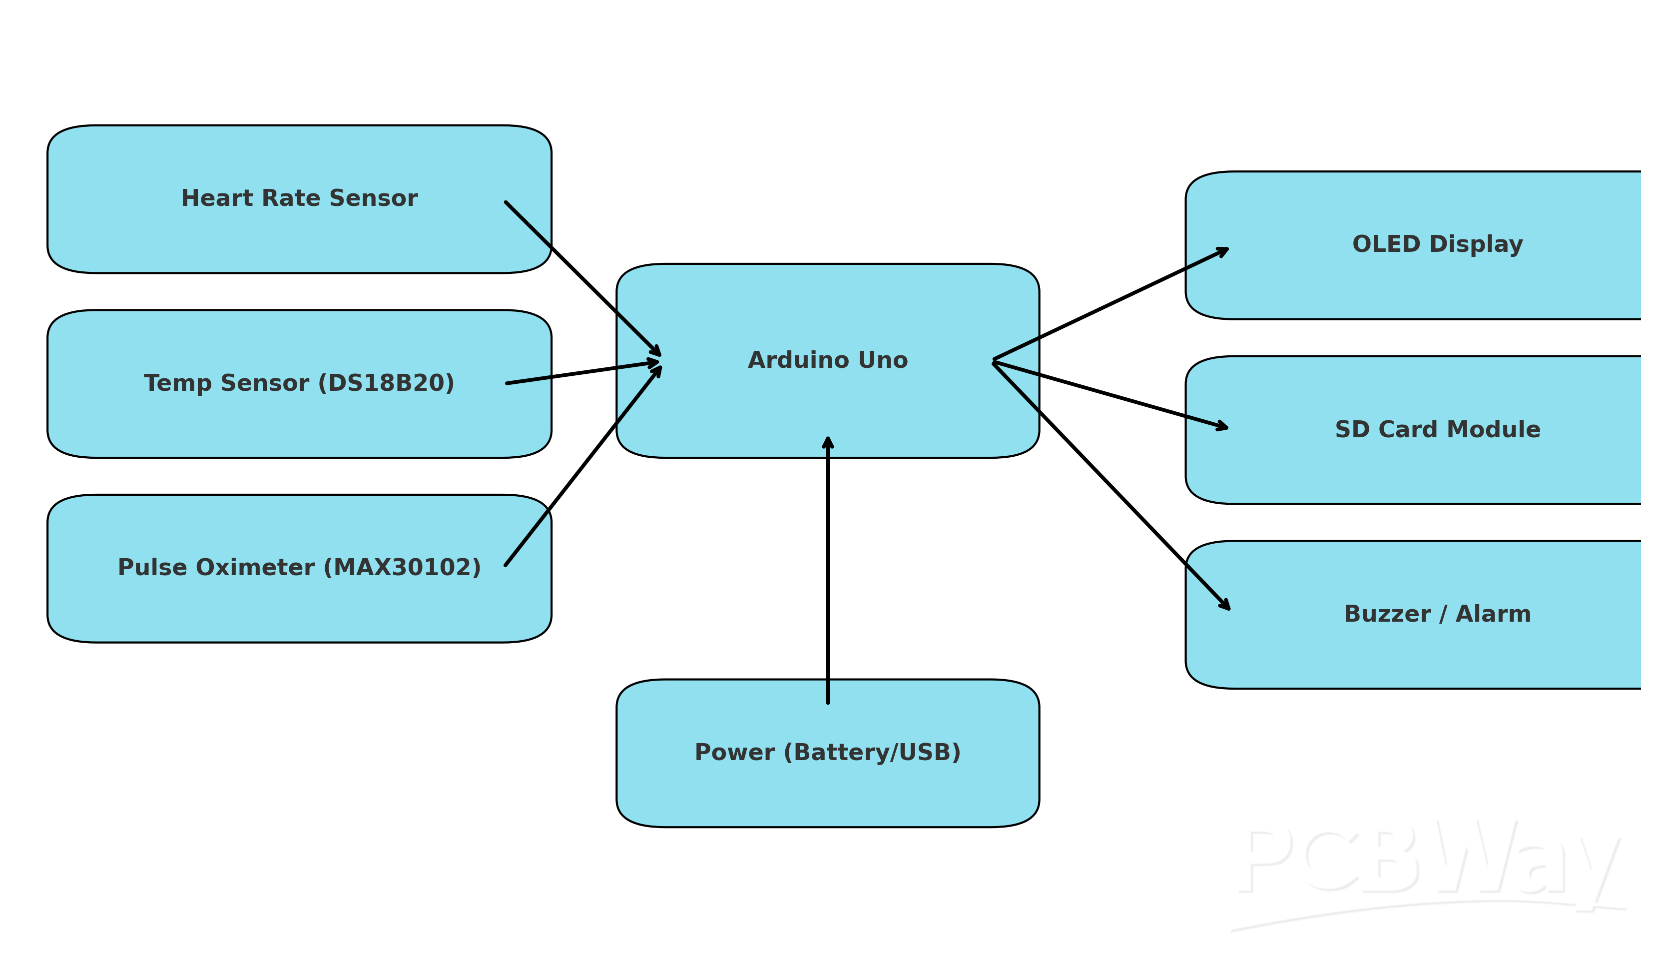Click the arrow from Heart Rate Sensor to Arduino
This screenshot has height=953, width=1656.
tap(582, 278)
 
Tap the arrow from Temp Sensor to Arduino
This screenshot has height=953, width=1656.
tap(582, 372)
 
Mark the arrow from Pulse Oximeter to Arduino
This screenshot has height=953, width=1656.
tap(582, 466)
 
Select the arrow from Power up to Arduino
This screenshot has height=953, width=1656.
tap(828, 569)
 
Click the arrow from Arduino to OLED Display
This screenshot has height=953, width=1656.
tap(1110, 304)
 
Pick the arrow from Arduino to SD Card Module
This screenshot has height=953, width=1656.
tap(1110, 395)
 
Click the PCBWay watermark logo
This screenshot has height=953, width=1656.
tap(1430, 864)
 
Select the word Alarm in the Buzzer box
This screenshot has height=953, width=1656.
tap(1493, 614)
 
